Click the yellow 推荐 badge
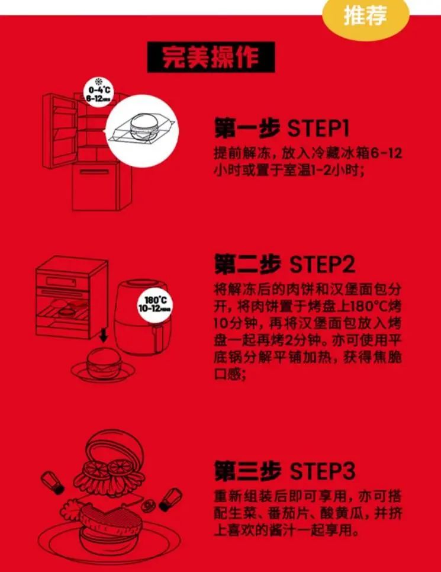pyautogui.click(x=365, y=17)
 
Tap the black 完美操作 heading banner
pyautogui.click(x=211, y=58)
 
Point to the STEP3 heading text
pyautogui.click(x=323, y=471)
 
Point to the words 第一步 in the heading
pyautogui.click(x=247, y=128)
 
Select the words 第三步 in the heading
pyautogui.click(x=247, y=471)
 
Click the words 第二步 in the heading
pyautogui.click(x=247, y=265)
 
